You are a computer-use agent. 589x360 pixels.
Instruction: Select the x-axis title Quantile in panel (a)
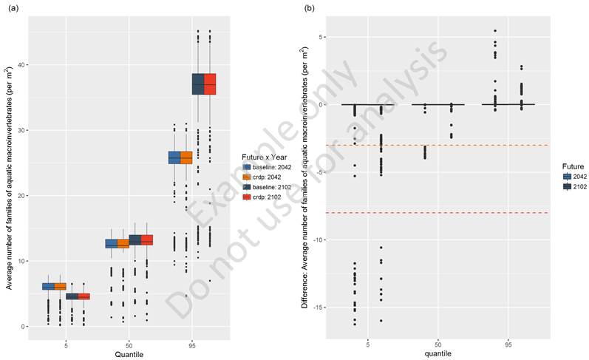129,354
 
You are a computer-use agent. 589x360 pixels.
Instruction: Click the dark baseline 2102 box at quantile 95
198,84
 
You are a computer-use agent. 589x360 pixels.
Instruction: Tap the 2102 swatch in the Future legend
566,187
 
